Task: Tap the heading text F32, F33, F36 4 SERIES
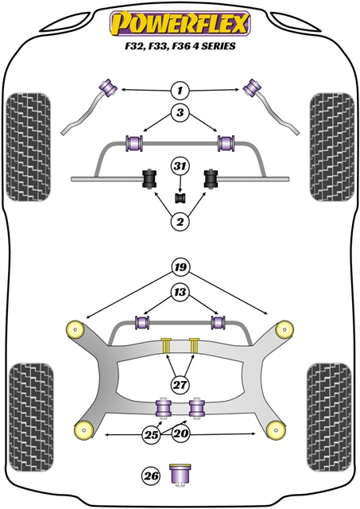pyautogui.click(x=180, y=46)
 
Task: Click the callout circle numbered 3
pyautogui.click(x=180, y=113)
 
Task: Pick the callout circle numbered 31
pyautogui.click(x=180, y=166)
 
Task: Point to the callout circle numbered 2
pyautogui.click(x=180, y=222)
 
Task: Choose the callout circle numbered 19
pyautogui.click(x=180, y=268)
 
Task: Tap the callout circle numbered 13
pyautogui.click(x=180, y=293)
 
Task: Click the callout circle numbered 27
pyautogui.click(x=180, y=385)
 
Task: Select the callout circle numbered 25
pyautogui.click(x=150, y=434)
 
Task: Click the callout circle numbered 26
pyautogui.click(x=150, y=476)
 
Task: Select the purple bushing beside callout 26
pyautogui.click(x=180, y=475)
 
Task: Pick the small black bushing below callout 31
pyautogui.click(x=180, y=196)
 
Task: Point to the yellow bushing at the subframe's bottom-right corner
pyautogui.click(x=277, y=429)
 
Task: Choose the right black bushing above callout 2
pyautogui.click(x=212, y=180)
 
